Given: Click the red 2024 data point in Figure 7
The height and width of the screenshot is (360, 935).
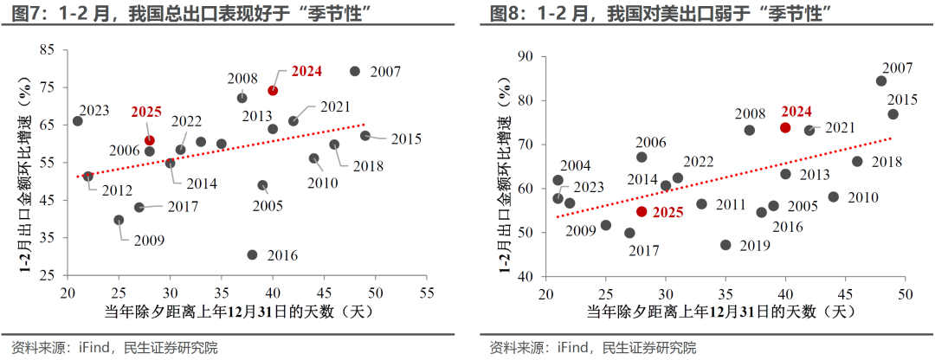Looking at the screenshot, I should (273, 90).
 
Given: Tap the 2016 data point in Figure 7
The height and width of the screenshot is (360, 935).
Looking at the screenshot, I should (252, 254).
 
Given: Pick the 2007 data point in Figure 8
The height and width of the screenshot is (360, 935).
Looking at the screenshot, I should (880, 81).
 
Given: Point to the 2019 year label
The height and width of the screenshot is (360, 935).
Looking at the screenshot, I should (756, 246).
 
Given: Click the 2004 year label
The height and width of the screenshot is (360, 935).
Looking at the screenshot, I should (576, 165).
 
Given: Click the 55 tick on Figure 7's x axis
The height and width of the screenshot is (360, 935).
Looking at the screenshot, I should (426, 293).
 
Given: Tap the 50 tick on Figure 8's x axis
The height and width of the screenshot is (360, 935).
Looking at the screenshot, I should (905, 293).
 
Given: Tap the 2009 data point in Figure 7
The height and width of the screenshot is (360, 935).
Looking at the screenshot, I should (119, 220).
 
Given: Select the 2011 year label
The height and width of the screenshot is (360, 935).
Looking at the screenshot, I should (729, 204).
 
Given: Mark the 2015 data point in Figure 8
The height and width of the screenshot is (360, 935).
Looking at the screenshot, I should (893, 114).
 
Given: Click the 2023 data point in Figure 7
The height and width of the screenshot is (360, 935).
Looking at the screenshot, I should (77, 121).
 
